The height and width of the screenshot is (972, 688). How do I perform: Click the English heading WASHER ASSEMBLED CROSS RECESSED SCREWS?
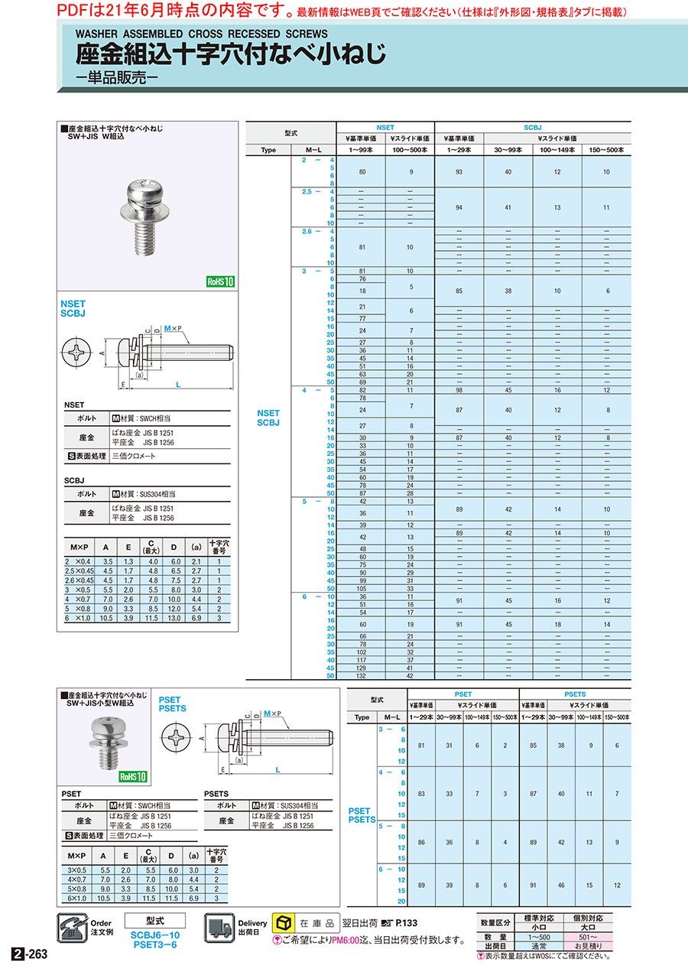201,34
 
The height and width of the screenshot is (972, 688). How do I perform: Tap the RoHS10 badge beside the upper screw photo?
220,281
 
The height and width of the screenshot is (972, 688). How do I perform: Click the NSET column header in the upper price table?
385,127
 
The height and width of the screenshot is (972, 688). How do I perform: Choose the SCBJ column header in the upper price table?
532,127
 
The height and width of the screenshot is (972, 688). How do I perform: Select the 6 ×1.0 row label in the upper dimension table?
79,617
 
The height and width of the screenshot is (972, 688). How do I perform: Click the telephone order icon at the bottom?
73,928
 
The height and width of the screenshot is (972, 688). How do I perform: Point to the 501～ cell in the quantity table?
588,937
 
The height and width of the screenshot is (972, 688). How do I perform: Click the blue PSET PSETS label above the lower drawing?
171,704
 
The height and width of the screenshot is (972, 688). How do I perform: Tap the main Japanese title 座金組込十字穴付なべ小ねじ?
231,55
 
